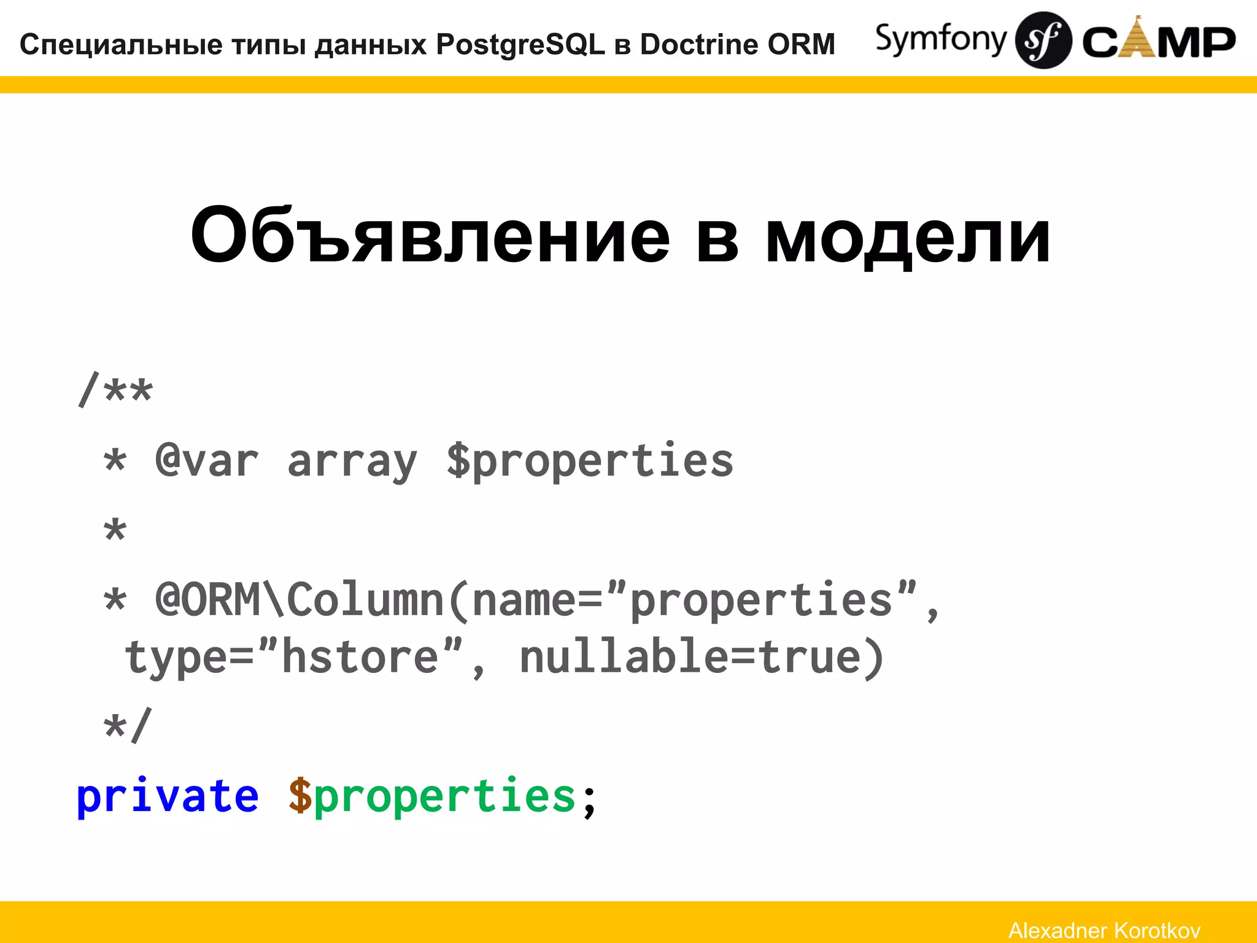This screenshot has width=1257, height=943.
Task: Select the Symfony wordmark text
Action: (940, 40)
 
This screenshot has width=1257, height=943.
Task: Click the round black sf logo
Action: (1043, 40)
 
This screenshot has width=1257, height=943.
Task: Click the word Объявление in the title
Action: (430, 236)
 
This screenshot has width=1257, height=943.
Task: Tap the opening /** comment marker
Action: (115, 390)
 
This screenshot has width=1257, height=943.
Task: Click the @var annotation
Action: (207, 462)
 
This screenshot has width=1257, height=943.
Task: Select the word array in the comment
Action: (352, 462)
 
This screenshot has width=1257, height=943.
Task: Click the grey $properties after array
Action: (589, 462)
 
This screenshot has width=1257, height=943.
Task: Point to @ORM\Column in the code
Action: (300, 600)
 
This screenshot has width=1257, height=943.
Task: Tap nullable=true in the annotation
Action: (702, 657)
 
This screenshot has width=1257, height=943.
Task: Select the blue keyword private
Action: (167, 796)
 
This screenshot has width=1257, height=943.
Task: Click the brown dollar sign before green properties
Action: (300, 796)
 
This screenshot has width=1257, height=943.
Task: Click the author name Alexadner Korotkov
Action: (1104, 930)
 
